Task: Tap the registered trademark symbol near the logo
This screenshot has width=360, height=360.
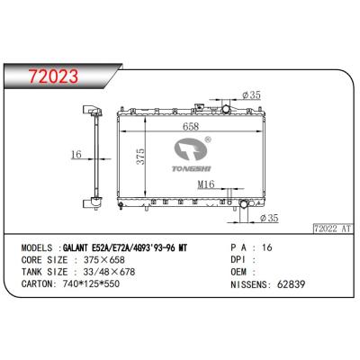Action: point(208,139)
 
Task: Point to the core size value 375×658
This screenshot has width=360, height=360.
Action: point(104,256)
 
